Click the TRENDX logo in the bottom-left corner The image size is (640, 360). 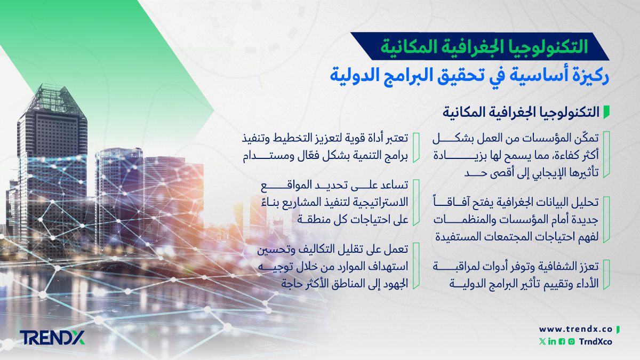click(x=52, y=337)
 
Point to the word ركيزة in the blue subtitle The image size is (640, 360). click(x=587, y=76)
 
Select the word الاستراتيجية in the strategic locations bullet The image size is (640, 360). click(x=375, y=203)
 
